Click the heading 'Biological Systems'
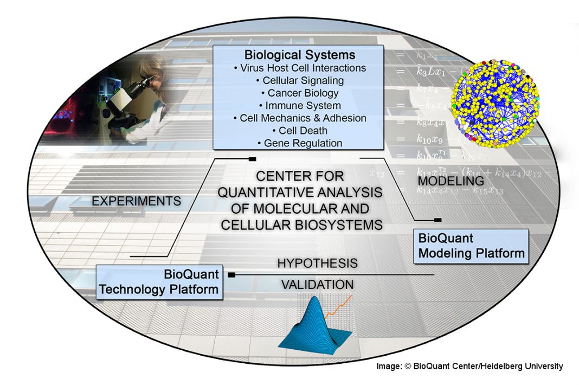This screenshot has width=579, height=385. coord(299,55)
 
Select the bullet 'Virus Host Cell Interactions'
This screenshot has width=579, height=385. coord(299,68)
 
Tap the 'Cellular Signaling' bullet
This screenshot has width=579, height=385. coord(299,81)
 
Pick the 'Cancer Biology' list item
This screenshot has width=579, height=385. coord(299,93)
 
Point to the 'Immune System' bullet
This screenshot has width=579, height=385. coord(299,106)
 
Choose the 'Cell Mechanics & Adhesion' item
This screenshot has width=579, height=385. coord(299,118)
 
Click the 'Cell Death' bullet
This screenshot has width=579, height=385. coord(299,131)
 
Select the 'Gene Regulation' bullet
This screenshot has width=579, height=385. coord(299,143)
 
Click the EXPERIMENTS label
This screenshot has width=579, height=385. coord(136,201)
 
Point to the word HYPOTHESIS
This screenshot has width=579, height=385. coord(317,264)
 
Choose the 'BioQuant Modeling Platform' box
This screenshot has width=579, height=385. coord(470,246)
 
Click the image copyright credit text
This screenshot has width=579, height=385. coord(469,366)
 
